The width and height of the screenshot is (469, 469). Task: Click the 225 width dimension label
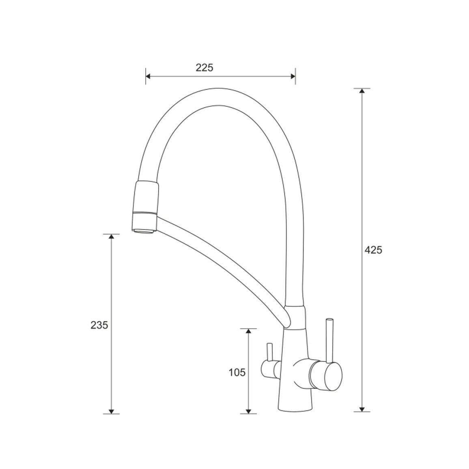tap(204, 68)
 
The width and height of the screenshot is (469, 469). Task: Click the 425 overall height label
tap(373, 250)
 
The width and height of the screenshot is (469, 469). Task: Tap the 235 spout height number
tap(99, 325)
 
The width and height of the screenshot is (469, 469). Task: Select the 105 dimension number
tap(237, 373)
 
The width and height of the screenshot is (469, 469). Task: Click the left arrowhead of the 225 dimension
tap(148, 76)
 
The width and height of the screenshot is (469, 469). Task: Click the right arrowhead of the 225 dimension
tap(293, 76)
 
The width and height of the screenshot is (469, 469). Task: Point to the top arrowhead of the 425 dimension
tap(362, 91)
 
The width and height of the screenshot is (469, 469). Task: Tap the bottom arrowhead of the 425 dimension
tap(362, 409)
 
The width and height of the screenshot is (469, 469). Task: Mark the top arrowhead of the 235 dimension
tap(111, 237)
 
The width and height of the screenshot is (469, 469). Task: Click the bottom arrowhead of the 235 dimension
tap(111, 411)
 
